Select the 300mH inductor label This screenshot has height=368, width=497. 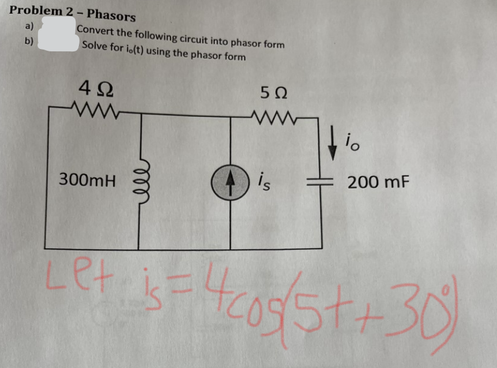(88, 181)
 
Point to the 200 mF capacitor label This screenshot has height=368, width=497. (378, 182)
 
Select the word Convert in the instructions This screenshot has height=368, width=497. (96, 31)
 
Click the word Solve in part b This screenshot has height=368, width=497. (95, 46)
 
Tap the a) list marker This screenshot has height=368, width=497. (29, 26)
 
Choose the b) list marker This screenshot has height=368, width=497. (29, 42)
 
